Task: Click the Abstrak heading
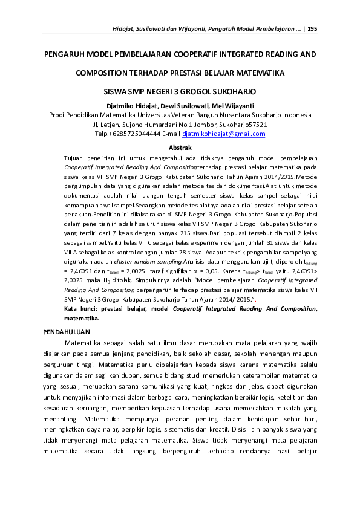click(x=180, y=148)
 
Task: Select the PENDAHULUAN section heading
click(x=68, y=332)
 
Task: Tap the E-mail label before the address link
click(x=169, y=134)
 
